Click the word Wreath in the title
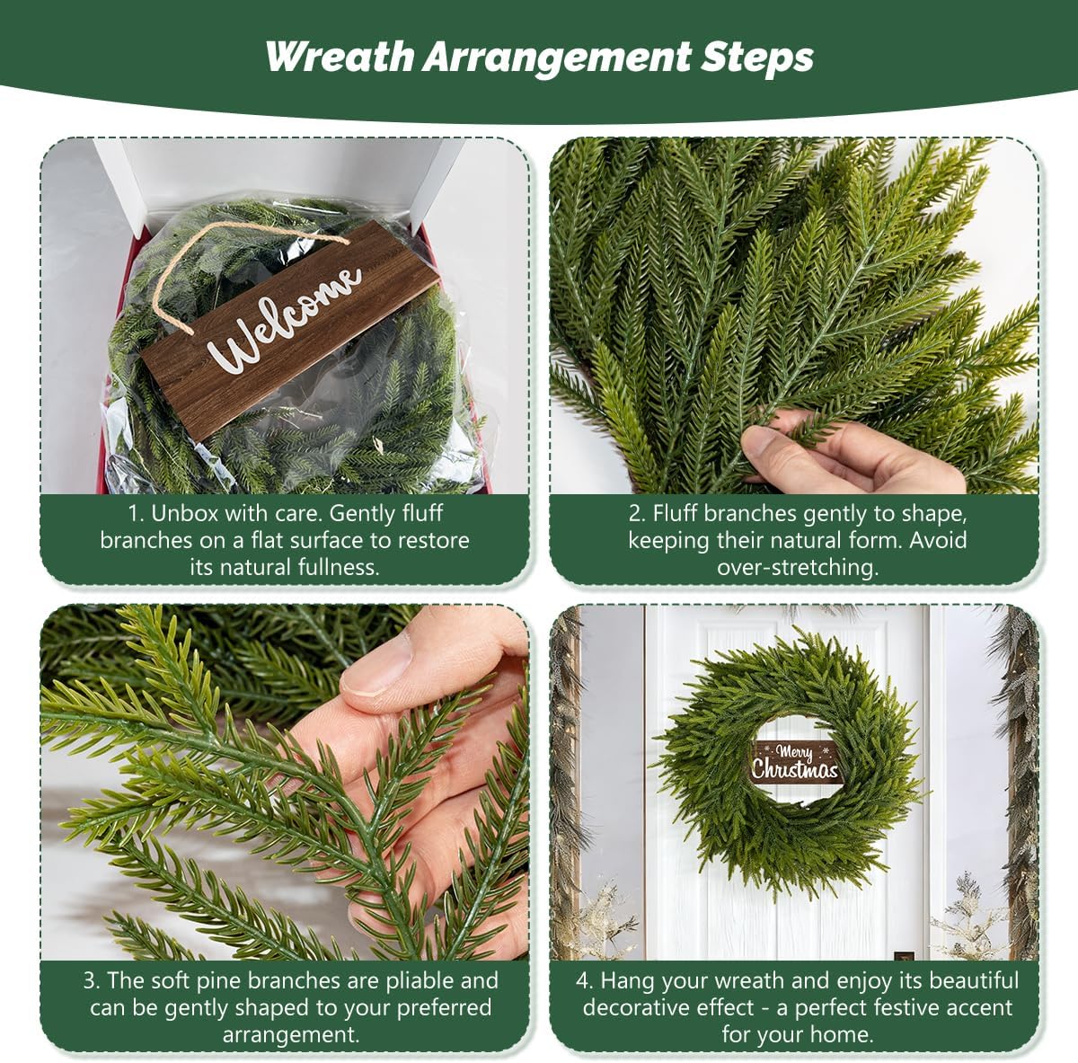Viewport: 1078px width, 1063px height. [339, 57]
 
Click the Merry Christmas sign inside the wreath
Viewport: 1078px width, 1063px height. [795, 762]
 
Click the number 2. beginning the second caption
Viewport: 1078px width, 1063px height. [637, 514]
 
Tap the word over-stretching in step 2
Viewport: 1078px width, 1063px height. [797, 567]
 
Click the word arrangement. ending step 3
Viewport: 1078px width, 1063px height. [290, 1034]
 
